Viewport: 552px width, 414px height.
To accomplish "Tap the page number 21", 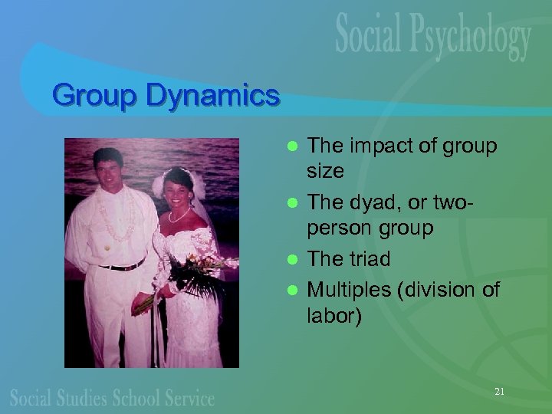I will click(x=499, y=392).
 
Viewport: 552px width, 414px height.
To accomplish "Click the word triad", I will click(x=369, y=259).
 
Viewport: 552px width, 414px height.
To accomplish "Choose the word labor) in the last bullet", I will click(x=333, y=315).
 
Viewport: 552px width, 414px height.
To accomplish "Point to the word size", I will click(x=325, y=171).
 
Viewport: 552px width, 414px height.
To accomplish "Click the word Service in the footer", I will click(x=189, y=397).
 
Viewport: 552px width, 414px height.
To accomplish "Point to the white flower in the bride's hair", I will click(x=159, y=185).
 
